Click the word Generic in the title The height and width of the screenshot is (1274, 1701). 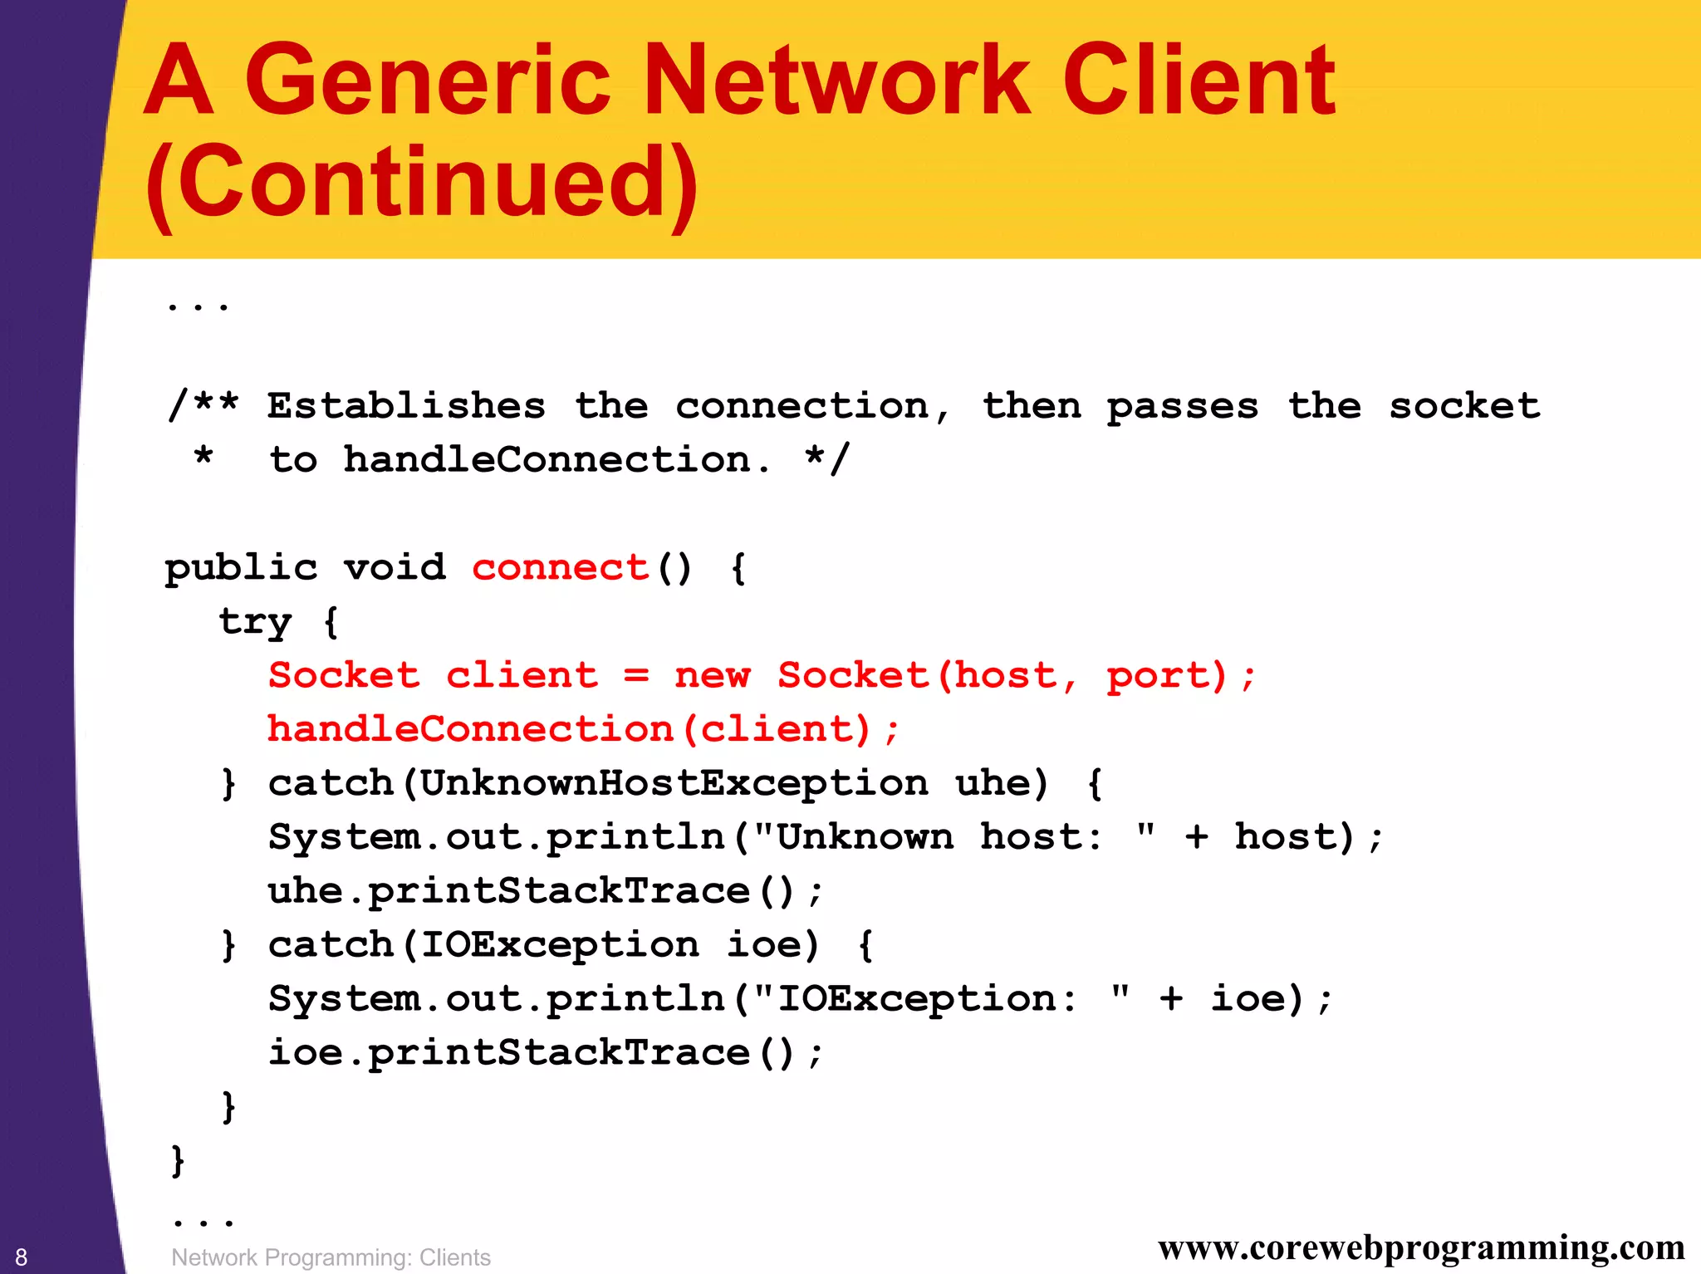[427, 81]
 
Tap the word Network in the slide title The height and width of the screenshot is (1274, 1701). [836, 81]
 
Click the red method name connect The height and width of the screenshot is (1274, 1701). [561, 568]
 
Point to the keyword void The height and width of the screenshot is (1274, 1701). [395, 568]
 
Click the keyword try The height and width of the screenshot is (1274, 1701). [255, 622]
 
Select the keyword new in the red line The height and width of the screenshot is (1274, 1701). [712, 675]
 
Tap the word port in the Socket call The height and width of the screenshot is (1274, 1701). [1165, 675]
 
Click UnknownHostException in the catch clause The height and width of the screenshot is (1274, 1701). [674, 783]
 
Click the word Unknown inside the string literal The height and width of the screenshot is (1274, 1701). [865, 837]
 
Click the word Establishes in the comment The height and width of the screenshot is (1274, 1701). [406, 406]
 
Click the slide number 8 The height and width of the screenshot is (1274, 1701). [22, 1257]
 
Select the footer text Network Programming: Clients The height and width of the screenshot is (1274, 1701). [331, 1257]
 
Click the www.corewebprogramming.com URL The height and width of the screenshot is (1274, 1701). [1421, 1247]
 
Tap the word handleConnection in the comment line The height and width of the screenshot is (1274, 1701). [547, 460]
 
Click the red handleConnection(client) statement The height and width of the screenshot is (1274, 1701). [582, 729]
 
